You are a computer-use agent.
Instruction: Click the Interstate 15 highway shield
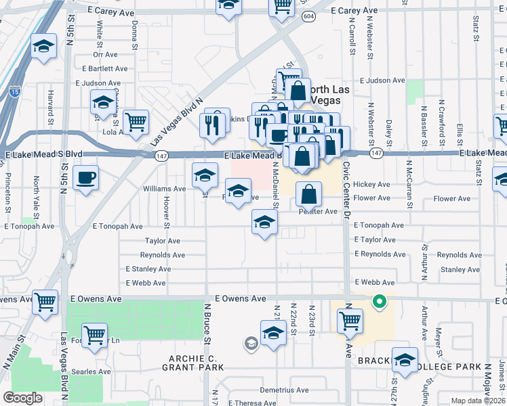click(x=15, y=91)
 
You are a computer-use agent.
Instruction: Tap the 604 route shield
click(x=309, y=16)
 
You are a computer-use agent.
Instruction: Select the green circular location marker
click(x=380, y=301)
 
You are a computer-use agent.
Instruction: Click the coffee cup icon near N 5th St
click(x=85, y=178)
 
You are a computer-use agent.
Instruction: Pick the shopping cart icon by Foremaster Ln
click(x=94, y=334)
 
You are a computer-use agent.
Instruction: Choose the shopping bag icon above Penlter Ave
click(x=308, y=194)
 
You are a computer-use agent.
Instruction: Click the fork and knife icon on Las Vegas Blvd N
click(x=212, y=125)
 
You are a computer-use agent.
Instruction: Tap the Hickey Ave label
click(x=372, y=184)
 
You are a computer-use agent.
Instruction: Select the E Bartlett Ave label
click(x=105, y=68)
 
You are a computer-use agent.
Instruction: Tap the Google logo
click(x=23, y=398)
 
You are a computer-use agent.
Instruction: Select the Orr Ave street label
click(x=106, y=54)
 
